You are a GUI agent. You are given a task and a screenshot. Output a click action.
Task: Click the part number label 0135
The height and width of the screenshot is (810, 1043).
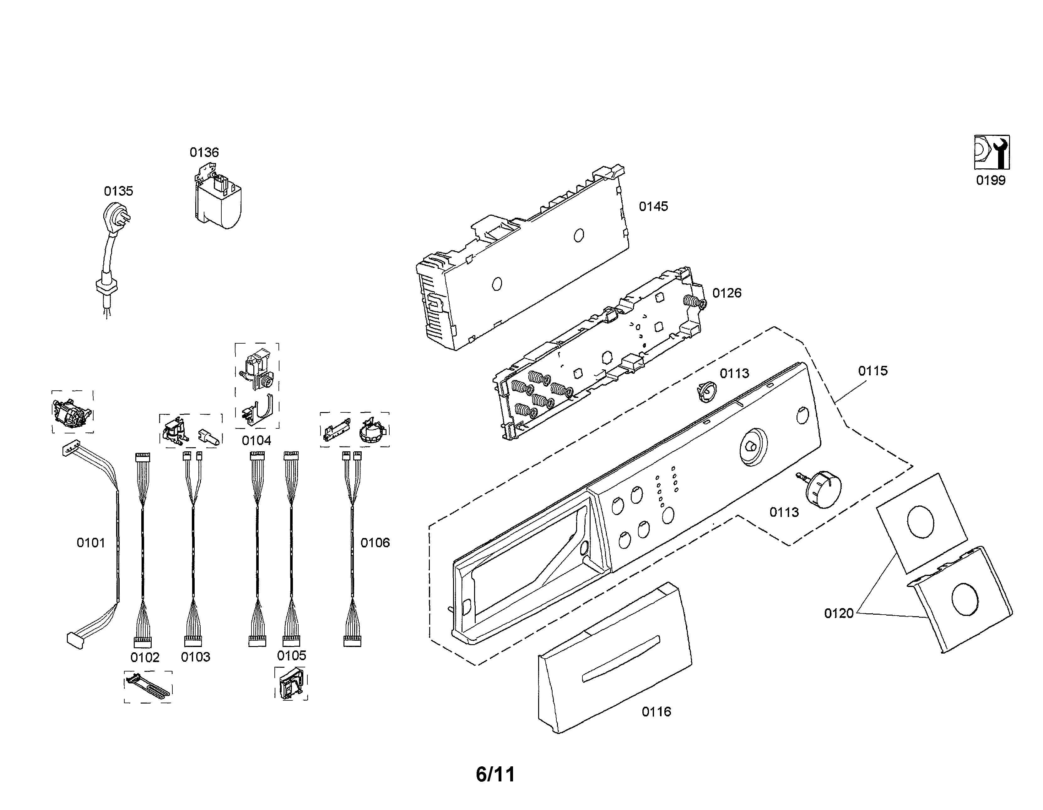click(118, 192)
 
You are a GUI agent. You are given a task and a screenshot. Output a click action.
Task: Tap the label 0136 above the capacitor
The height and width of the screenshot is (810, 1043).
click(204, 153)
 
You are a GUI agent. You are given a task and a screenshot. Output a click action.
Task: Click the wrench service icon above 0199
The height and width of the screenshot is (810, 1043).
click(992, 152)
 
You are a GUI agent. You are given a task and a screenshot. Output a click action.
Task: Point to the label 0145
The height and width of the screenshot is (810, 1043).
click(653, 207)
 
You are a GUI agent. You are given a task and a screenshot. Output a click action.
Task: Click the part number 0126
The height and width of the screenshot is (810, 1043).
click(727, 293)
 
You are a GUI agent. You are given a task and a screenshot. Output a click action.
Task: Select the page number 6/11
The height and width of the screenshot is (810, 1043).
click(495, 774)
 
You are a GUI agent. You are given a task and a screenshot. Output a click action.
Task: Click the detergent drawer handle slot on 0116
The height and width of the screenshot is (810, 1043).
click(621, 659)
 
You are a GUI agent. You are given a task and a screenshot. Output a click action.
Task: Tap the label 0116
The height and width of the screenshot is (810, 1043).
click(656, 712)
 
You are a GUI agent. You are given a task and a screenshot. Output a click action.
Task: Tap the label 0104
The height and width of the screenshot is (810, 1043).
click(257, 441)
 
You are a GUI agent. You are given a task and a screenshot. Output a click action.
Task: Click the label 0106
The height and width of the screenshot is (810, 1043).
click(375, 543)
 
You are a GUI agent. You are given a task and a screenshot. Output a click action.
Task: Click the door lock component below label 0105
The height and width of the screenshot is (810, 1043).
click(291, 684)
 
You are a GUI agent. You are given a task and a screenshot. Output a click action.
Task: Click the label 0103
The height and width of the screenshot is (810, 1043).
click(195, 657)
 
